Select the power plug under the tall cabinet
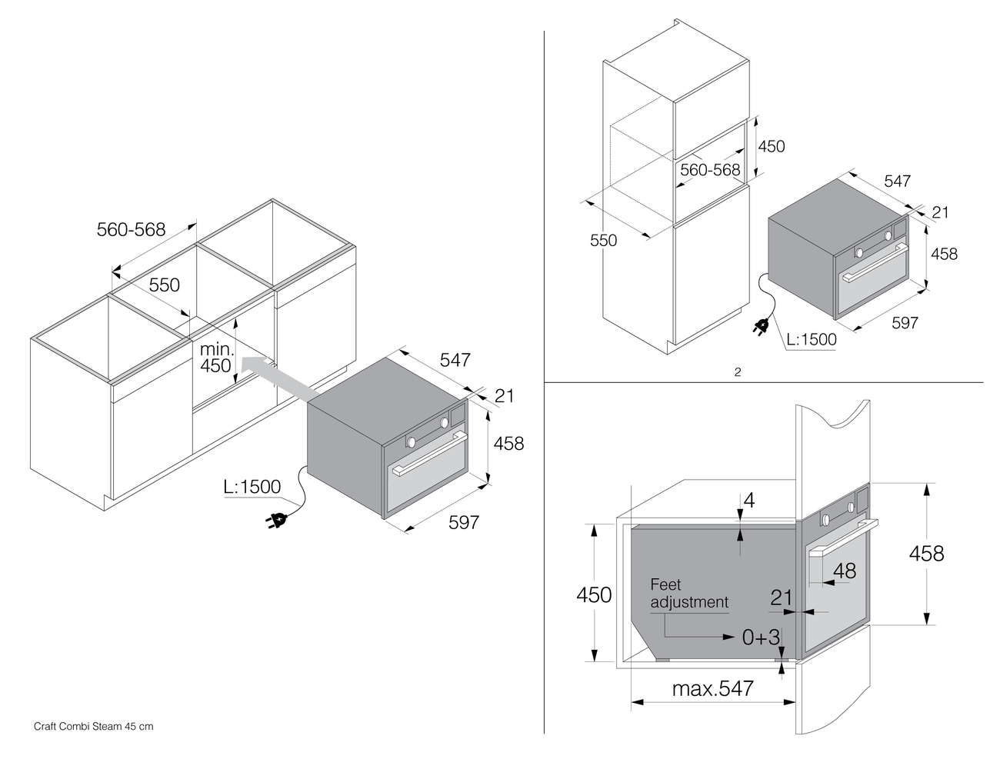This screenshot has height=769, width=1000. pyautogui.click(x=762, y=328)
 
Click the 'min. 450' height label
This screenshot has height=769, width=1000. pyautogui.click(x=215, y=358)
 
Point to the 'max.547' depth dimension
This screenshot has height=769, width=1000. pyautogui.click(x=713, y=688)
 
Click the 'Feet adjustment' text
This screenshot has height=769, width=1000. pyautogui.click(x=688, y=593)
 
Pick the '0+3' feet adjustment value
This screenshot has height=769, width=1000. pyautogui.click(x=761, y=637)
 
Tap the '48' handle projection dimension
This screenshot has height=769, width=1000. pyautogui.click(x=844, y=571)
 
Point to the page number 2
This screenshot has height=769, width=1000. pyautogui.click(x=737, y=373)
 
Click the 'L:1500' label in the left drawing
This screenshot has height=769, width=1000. pyautogui.click(x=252, y=487)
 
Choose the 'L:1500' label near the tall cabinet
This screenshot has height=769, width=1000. pyautogui.click(x=811, y=339)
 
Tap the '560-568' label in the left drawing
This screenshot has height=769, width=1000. pyautogui.click(x=131, y=229)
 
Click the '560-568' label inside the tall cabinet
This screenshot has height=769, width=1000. pyautogui.click(x=710, y=170)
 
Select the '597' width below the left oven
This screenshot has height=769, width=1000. pyautogui.click(x=463, y=522)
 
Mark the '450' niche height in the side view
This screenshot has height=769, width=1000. pyautogui.click(x=595, y=594)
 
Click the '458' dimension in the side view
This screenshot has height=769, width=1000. pyautogui.click(x=926, y=553)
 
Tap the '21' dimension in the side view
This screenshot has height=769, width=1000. pyautogui.click(x=782, y=597)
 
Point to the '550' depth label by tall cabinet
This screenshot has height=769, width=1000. pyautogui.click(x=603, y=240)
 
